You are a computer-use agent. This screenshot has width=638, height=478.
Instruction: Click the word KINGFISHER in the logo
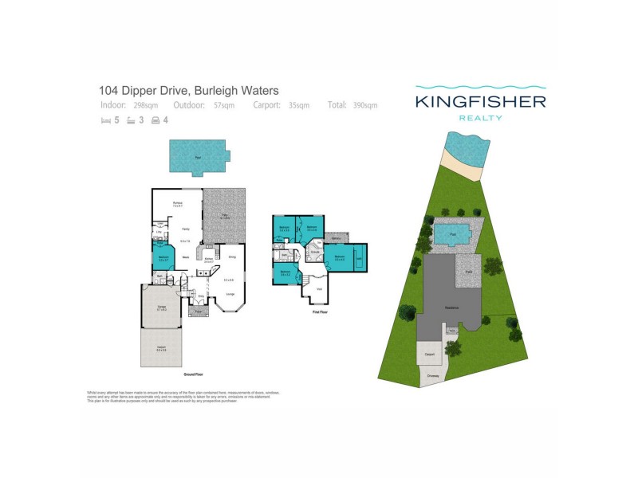480,101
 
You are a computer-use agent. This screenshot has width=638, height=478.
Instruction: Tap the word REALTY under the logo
480,118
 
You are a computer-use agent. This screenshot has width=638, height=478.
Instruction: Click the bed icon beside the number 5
104,120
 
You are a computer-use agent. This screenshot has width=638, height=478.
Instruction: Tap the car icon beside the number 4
156,120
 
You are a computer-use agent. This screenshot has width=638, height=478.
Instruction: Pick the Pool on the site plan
452,234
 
